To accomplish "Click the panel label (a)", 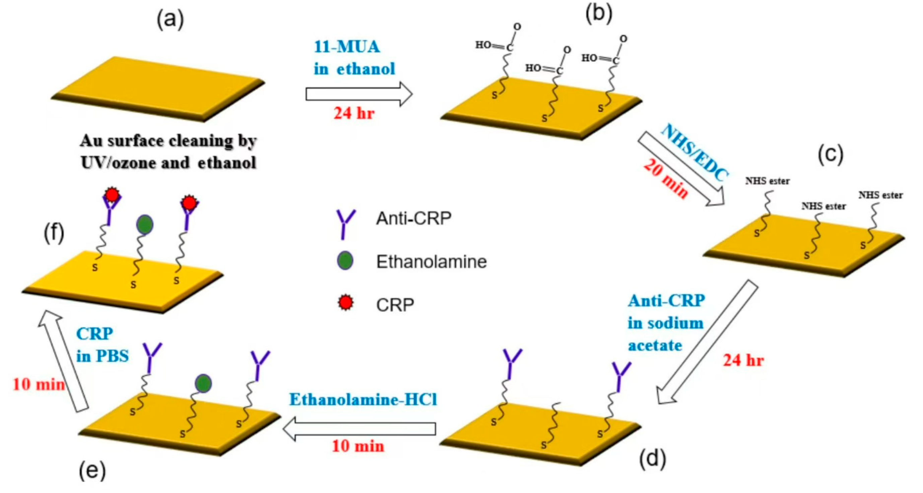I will [x=170, y=20].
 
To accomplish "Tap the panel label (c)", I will [x=831, y=155].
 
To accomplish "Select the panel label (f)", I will [x=54, y=233].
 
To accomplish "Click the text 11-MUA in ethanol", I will [x=354, y=58].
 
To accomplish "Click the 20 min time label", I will [x=666, y=178].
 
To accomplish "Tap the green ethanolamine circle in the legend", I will [x=345, y=261].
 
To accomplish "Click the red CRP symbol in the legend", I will [x=345, y=303].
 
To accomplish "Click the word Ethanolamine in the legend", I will [x=431, y=262].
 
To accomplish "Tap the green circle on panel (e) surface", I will [x=203, y=384].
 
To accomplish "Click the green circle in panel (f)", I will [x=145, y=225].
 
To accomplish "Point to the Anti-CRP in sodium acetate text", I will [x=666, y=323].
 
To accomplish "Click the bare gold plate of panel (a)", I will [x=158, y=88].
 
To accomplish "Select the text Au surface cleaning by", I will [x=169, y=141].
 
